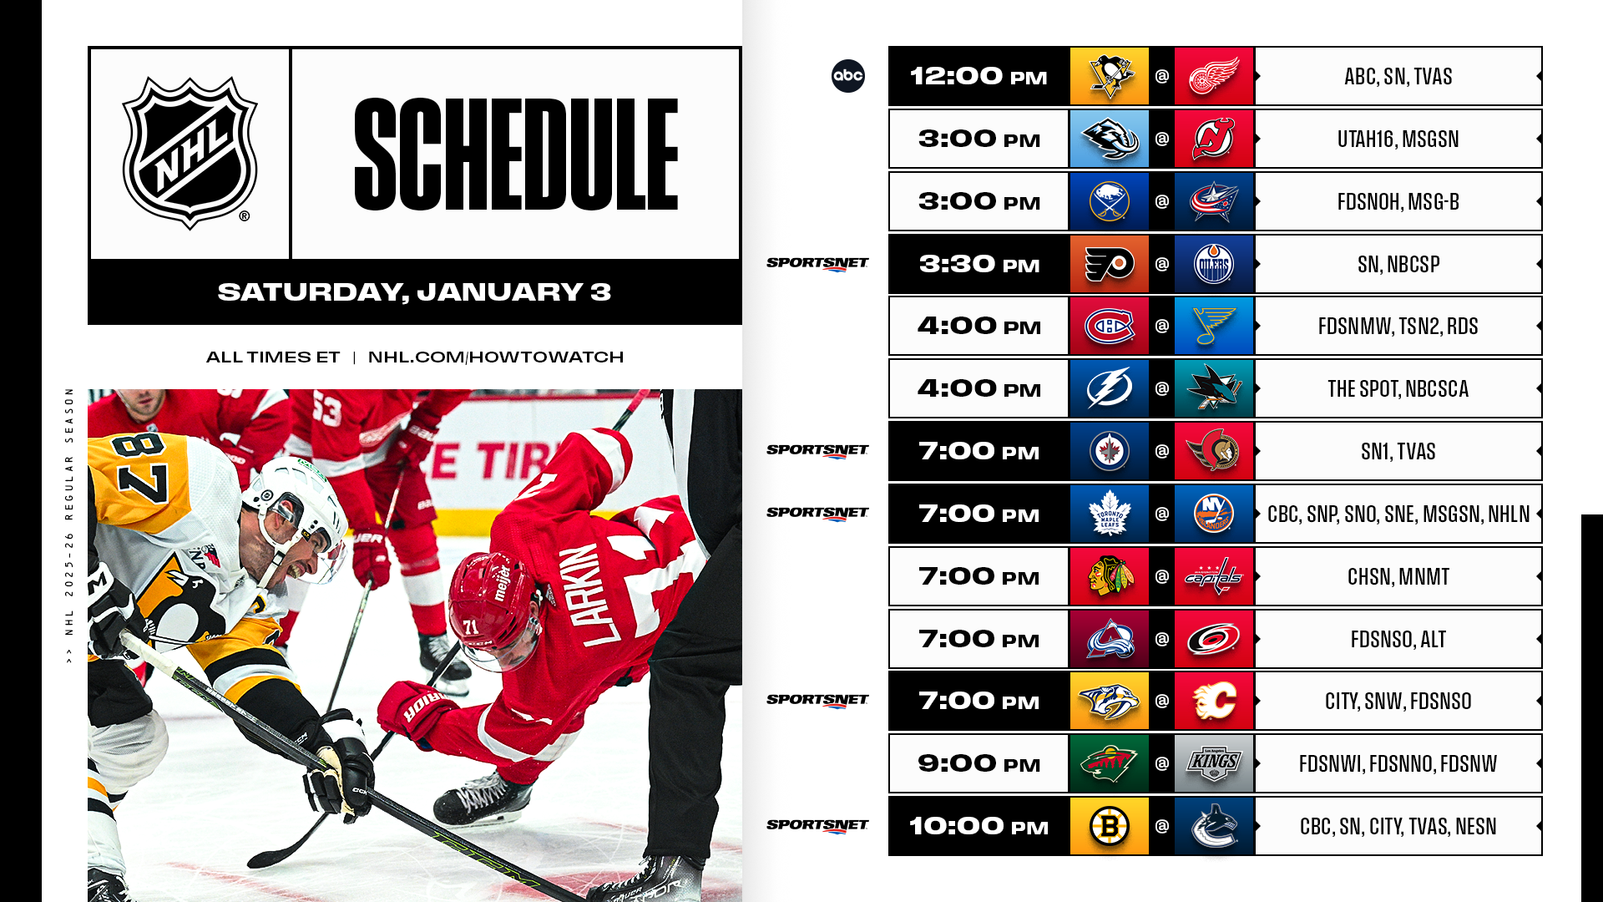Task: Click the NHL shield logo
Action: tap(190, 153)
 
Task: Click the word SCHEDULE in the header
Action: tap(516, 154)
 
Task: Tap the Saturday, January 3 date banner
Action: tap(415, 291)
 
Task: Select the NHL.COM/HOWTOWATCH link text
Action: tap(496, 357)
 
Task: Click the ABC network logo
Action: tap(848, 76)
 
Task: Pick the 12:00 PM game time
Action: tap(978, 76)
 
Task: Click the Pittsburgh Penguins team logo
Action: tap(1110, 76)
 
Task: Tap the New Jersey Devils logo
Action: tap(1214, 139)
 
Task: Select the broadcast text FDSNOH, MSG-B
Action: tap(1398, 201)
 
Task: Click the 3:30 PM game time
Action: tap(979, 264)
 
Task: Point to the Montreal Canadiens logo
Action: tap(1110, 326)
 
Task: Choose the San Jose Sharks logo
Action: tap(1214, 388)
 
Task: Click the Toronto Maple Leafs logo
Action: tap(1110, 514)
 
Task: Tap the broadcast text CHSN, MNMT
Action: tap(1398, 576)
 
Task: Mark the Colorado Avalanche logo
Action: tap(1110, 639)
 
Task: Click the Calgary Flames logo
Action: tap(1214, 701)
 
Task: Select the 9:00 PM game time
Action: tap(979, 763)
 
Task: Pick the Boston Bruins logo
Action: tap(1110, 826)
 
